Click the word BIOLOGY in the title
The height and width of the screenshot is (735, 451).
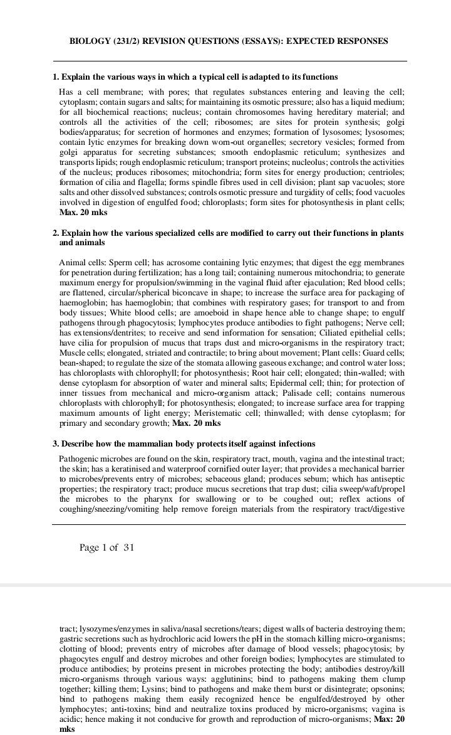pyautogui.click(x=90, y=41)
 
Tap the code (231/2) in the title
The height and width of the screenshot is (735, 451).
pyautogui.click(x=128, y=41)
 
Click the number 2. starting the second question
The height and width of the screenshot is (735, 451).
pyautogui.click(x=56, y=233)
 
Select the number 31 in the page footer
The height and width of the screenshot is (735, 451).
pyautogui.click(x=128, y=547)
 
